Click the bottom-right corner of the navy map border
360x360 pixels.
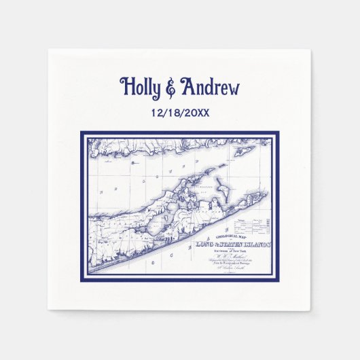(278, 280)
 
